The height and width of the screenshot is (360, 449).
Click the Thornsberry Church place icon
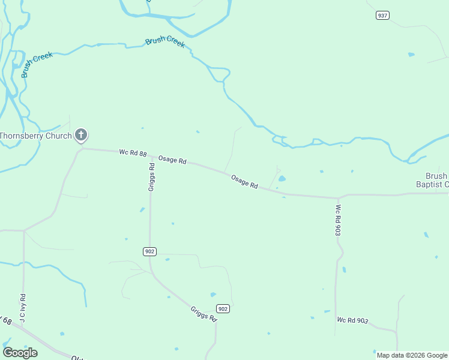coord(81,136)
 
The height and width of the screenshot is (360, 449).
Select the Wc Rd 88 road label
coord(133,154)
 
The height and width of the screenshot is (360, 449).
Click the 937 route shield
coord(382,15)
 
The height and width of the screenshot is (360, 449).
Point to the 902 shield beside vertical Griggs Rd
coord(150,251)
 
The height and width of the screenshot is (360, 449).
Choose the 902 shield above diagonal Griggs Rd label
coord(223,308)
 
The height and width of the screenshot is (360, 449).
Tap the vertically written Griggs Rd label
coord(152,178)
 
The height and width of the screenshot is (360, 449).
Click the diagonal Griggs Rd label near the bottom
coord(203,314)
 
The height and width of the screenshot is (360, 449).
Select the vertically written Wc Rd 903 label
coord(339,220)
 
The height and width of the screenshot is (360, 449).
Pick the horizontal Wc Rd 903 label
coord(352,320)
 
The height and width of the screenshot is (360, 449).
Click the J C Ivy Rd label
coord(22,308)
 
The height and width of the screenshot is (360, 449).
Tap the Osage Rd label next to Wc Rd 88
coord(172,161)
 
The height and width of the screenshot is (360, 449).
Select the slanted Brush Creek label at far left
coord(37,64)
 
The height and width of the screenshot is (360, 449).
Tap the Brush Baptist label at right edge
coord(436,180)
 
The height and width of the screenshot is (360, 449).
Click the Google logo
coord(20,353)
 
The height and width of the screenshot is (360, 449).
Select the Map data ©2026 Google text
coord(412,355)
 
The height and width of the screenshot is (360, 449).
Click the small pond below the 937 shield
coord(411,55)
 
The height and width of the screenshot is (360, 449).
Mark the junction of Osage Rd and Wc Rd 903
coord(338,197)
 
